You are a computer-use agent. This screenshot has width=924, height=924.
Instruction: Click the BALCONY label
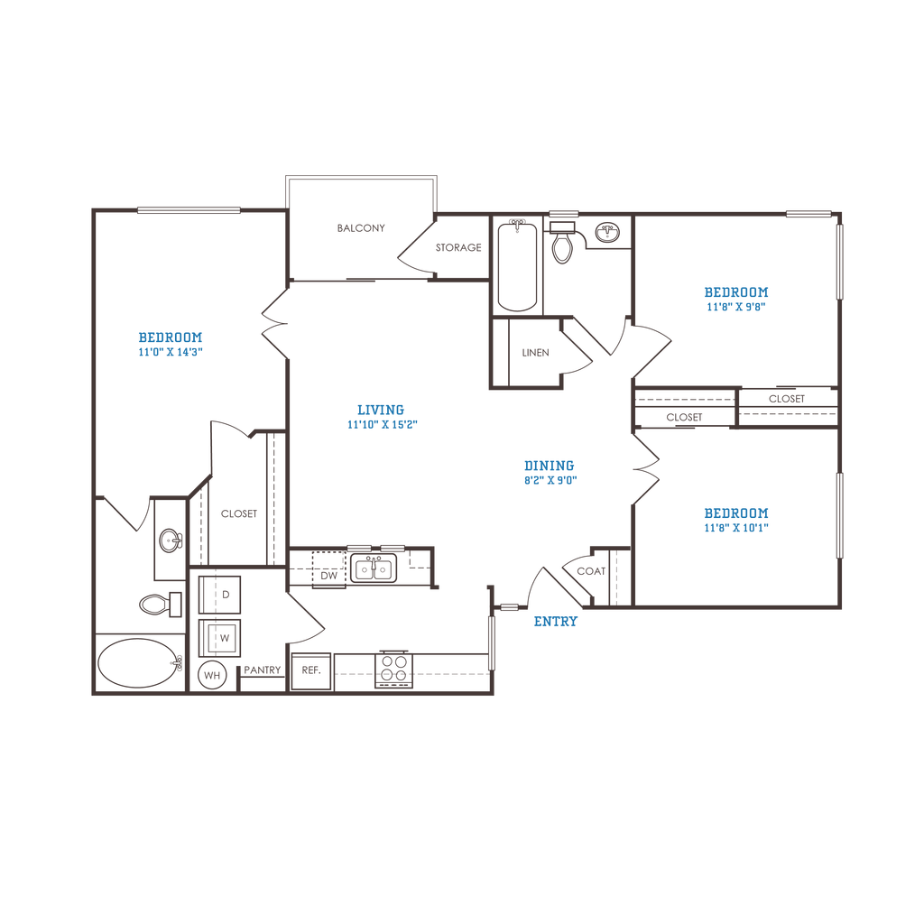[361, 228]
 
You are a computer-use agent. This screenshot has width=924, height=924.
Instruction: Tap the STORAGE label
[458, 247]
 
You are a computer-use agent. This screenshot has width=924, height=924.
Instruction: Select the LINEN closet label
[536, 353]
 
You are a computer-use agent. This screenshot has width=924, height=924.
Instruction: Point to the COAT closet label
[591, 571]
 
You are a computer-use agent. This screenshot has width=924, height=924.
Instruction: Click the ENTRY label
[556, 621]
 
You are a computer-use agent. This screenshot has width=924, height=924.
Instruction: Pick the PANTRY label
[263, 670]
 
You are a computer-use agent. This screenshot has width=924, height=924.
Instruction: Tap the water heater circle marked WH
[212, 675]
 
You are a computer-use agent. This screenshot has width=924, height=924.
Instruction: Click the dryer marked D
[219, 595]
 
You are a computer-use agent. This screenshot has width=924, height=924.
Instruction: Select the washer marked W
[219, 638]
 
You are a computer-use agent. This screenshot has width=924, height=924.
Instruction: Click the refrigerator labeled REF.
[311, 671]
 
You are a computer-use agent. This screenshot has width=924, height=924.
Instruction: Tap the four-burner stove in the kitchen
[393, 670]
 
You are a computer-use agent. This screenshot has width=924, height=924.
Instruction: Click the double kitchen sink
[374, 568]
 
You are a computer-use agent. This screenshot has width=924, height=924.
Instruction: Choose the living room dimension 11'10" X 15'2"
[383, 424]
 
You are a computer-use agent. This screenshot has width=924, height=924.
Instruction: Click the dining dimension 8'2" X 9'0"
[550, 480]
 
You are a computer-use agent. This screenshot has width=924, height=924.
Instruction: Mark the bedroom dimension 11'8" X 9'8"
[736, 307]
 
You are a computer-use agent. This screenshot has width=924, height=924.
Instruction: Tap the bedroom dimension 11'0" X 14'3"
[171, 352]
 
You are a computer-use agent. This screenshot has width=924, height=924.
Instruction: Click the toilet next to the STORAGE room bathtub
[563, 242]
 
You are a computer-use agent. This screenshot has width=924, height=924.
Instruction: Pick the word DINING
[550, 466]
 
